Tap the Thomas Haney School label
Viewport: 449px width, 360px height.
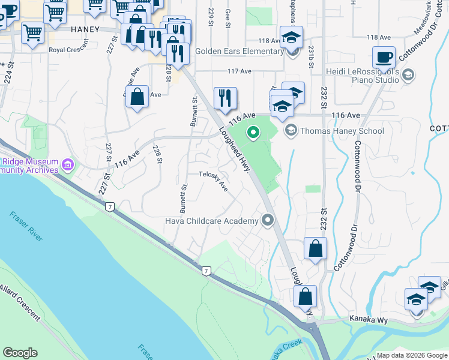click(342, 131)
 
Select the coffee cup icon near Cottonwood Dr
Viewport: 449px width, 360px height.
click(384, 58)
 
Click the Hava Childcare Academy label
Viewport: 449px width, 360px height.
click(212, 221)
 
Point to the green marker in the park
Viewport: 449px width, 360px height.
click(253, 132)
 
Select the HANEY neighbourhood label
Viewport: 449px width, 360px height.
click(85, 29)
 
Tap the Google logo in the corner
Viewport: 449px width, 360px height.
click(20, 353)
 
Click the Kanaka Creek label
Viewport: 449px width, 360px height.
click(284, 349)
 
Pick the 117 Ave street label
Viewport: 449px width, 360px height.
click(240, 71)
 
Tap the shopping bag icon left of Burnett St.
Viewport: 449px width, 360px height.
click(137, 96)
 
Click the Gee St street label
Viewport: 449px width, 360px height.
click(228, 18)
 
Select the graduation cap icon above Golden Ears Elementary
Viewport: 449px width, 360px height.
click(291, 37)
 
